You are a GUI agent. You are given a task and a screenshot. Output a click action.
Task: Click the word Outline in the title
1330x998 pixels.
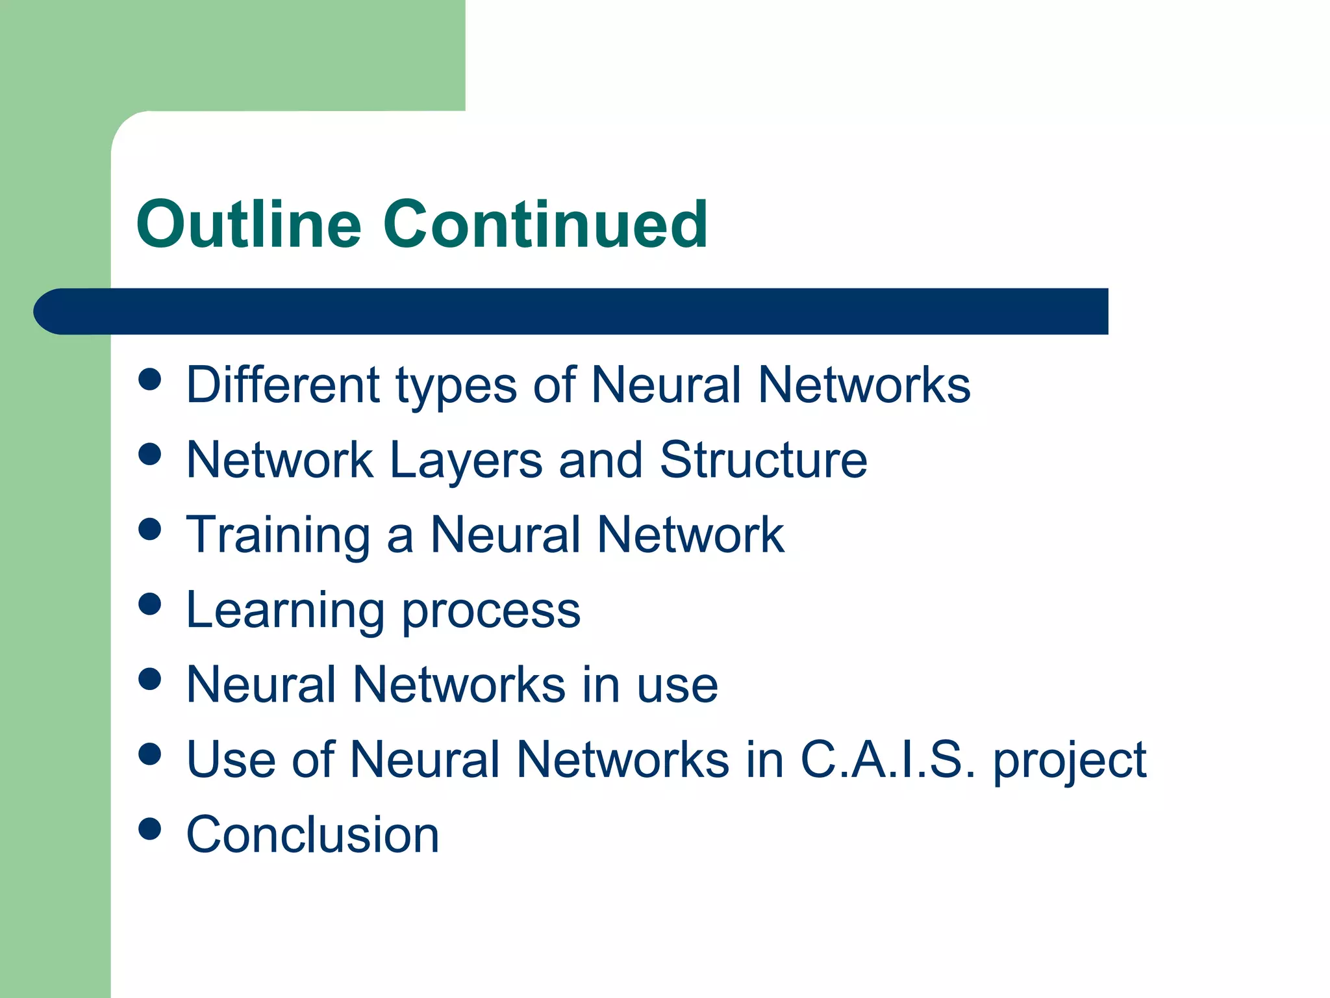pyautogui.click(x=248, y=224)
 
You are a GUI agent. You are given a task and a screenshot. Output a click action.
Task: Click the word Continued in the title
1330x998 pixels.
pyautogui.click(x=546, y=224)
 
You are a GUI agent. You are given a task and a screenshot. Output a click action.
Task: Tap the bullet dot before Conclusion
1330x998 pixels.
pyautogui.click(x=150, y=828)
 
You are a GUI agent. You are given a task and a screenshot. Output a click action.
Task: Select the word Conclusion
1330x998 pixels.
pyautogui.click(x=312, y=835)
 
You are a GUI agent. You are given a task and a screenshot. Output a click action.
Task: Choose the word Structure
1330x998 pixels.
pyautogui.click(x=763, y=460)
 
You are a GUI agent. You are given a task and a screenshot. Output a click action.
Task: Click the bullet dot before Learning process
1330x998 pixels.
pyautogui.click(x=150, y=604)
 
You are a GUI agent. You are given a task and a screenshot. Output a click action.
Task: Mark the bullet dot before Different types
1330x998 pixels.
pyautogui.click(x=150, y=379)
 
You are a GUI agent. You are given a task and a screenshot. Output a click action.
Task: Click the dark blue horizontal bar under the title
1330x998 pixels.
pyautogui.click(x=571, y=311)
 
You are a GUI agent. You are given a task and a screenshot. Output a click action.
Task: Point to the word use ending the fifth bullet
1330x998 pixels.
pyautogui.click(x=677, y=685)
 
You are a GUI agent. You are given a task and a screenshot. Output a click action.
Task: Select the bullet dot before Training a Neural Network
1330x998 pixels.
pyautogui.click(x=150, y=529)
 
